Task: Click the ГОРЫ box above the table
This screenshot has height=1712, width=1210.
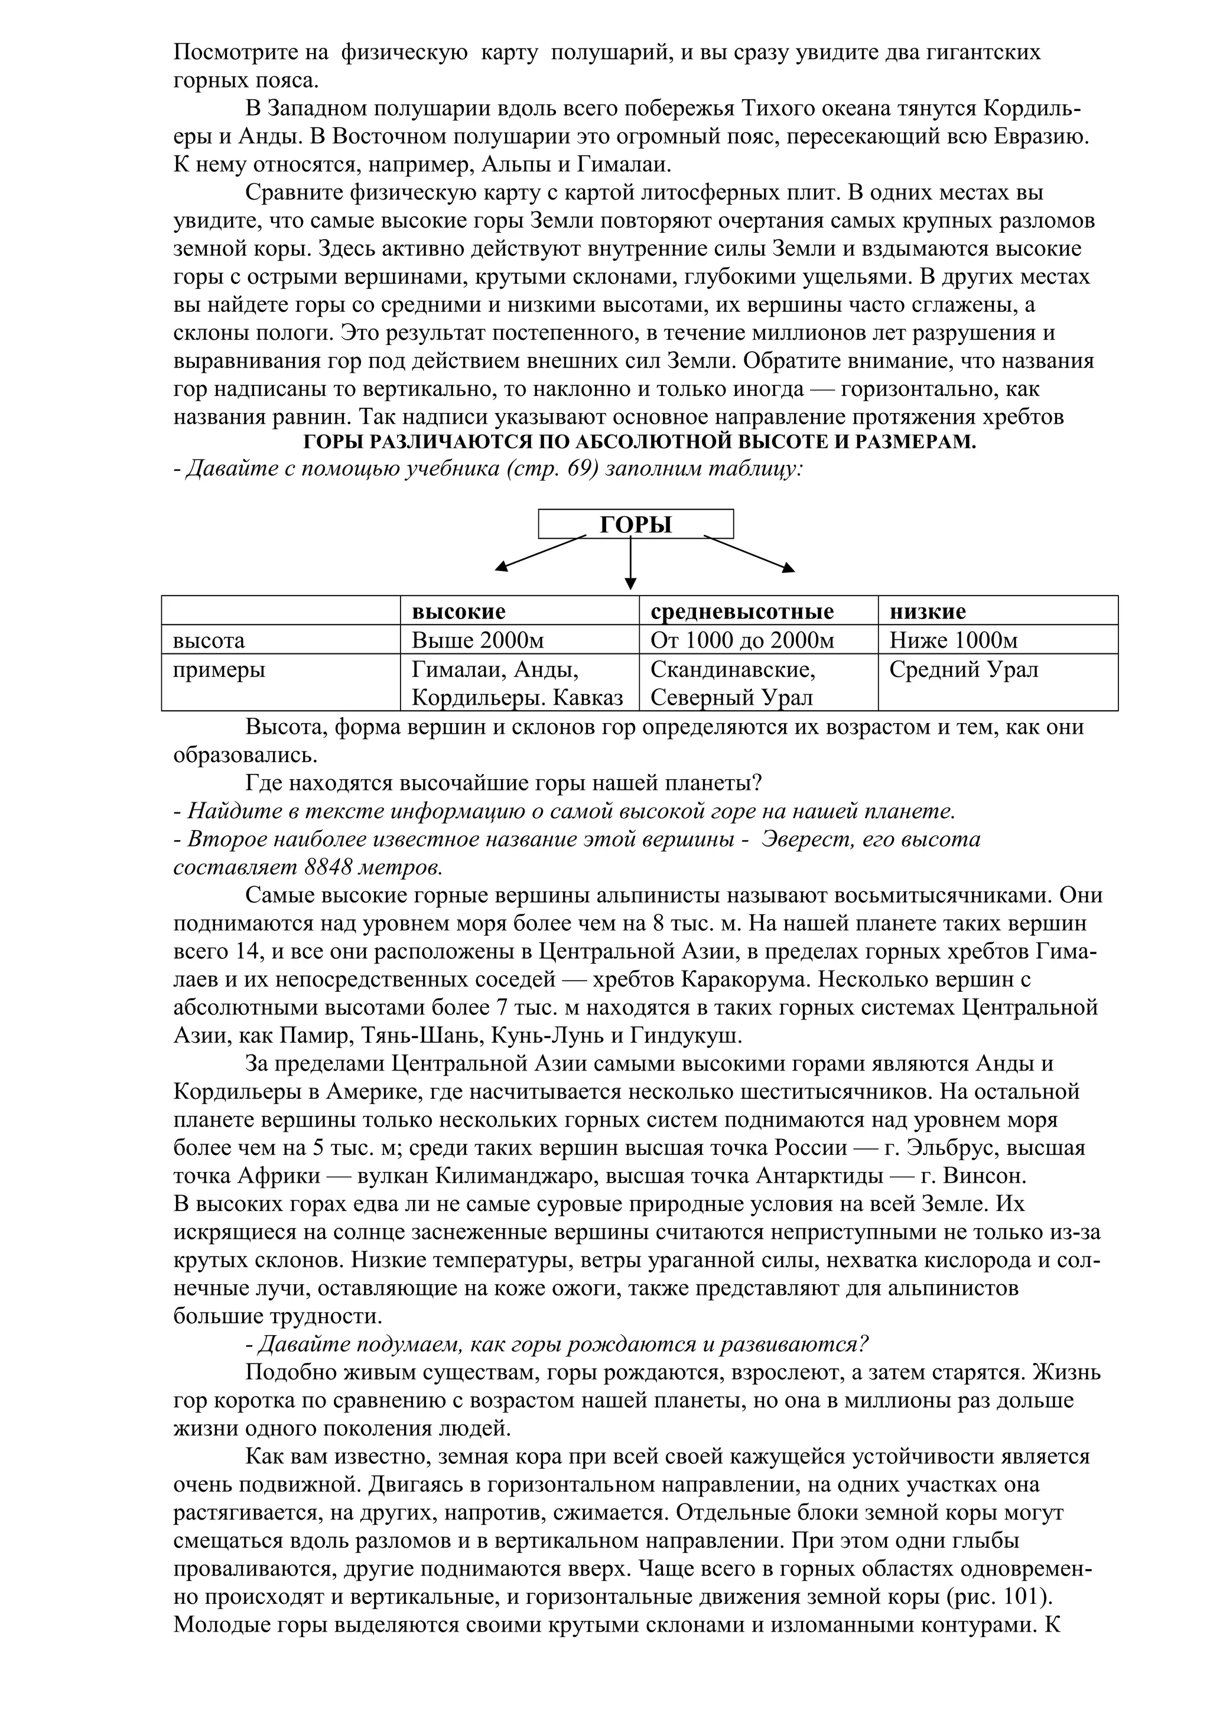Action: pyautogui.click(x=635, y=524)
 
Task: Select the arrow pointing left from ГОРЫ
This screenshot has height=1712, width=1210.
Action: pyautogui.click(x=541, y=554)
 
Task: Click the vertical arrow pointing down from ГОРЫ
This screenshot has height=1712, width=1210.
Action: pyautogui.click(x=631, y=562)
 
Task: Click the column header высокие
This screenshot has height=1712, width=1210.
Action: pyautogui.click(x=458, y=611)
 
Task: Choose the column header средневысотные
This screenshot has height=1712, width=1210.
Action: pyautogui.click(x=742, y=611)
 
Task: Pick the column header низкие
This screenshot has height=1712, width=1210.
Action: pyautogui.click(x=928, y=611)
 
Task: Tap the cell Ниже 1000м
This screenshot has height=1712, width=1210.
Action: pyautogui.click(x=953, y=640)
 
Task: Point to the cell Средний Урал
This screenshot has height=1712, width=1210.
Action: pyautogui.click(x=963, y=669)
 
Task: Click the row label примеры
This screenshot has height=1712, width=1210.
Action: pyautogui.click(x=219, y=669)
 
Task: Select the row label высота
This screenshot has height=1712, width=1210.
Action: pyautogui.click(x=209, y=640)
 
